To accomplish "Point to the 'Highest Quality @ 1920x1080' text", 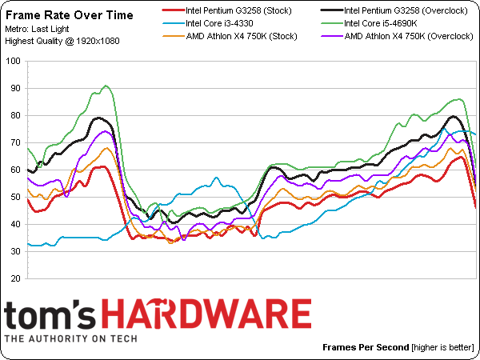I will [62, 40].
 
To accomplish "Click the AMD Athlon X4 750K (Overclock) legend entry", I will [398, 36].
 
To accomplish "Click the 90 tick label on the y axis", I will [14, 88].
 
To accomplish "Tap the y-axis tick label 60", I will [14, 170].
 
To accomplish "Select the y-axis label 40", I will [14, 225].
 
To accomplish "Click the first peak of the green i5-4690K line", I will [106, 86].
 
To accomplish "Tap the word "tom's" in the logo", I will [53, 314].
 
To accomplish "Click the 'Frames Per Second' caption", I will [366, 348].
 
